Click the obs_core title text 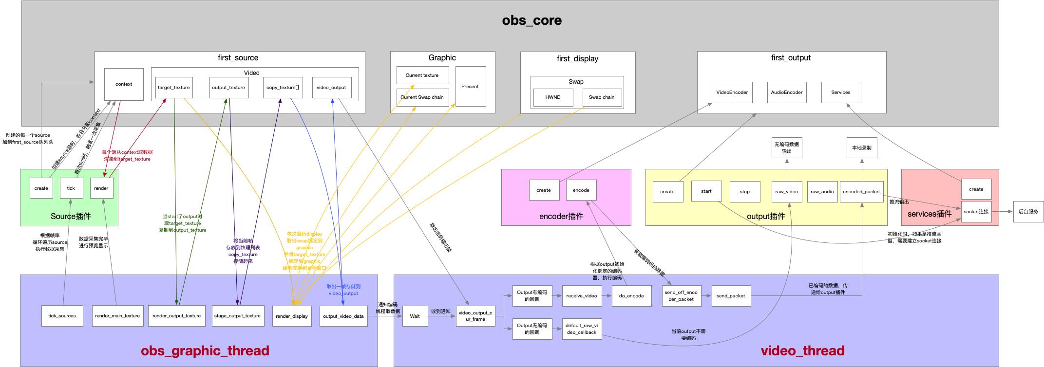point(531,20)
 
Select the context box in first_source point(124,84)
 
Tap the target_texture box point(174,88)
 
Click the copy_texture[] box point(283,88)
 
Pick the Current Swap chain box point(422,97)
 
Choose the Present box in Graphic point(470,87)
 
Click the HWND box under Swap point(553,97)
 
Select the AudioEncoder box point(786,92)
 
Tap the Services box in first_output point(841,92)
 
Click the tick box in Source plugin point(71,188)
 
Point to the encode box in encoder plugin point(581,190)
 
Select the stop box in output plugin point(745,192)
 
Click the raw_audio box point(822,192)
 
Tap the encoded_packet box point(861,192)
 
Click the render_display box point(292,316)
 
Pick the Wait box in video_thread point(415,316)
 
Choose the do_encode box point(631,296)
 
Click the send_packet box point(731,296)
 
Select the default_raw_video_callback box point(581,329)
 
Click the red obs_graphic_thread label point(205,351)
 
